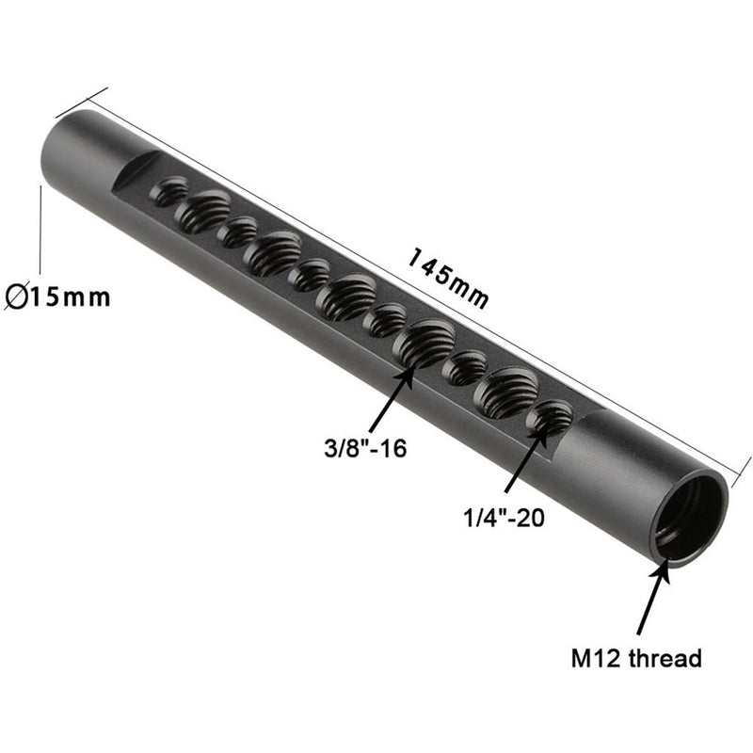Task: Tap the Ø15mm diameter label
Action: point(56,297)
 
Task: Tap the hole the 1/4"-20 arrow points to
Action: point(551,418)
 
